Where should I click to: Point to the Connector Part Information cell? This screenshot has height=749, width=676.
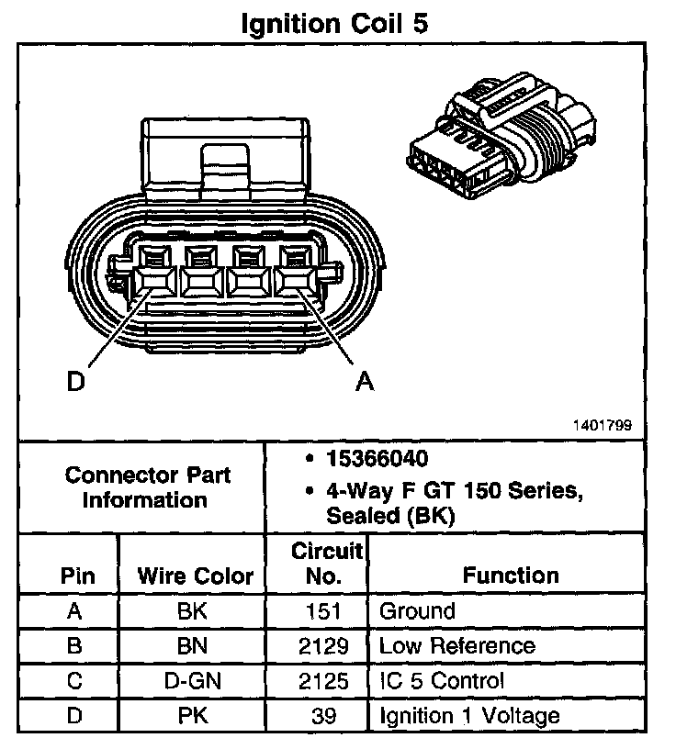147,488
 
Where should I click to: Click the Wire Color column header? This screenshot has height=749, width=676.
195,576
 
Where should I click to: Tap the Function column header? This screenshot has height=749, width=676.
511,576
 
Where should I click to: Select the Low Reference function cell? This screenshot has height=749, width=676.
456,645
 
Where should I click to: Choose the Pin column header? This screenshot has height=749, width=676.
77,576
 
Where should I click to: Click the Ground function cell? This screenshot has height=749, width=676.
417,610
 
